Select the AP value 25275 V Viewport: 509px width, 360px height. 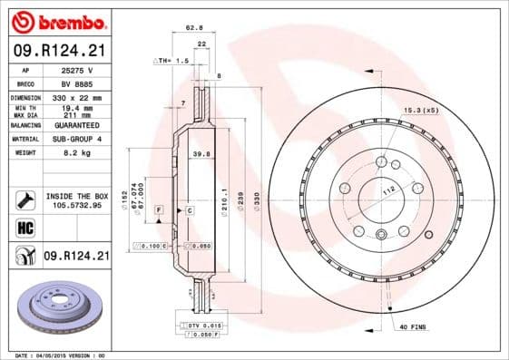click(x=74, y=70)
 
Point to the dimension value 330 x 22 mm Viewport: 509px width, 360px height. click(x=74, y=96)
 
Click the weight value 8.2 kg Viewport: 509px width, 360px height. click(x=74, y=154)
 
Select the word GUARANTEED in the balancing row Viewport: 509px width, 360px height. click(x=74, y=124)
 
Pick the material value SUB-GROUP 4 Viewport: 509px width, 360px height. click(x=74, y=140)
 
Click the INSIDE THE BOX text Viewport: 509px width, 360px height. click(x=75, y=196)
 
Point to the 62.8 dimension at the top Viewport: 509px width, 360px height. click(x=192, y=28)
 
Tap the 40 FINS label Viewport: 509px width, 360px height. click(x=414, y=326)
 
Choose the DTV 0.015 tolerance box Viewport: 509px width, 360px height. click(x=204, y=325)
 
